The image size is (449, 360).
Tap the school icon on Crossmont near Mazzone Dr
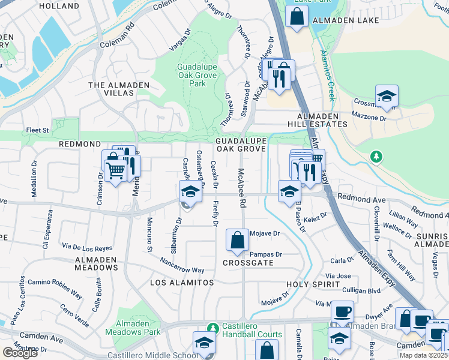coord(387,96)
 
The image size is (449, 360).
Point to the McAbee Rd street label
coord(241,188)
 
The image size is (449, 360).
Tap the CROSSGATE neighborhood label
coord(248,263)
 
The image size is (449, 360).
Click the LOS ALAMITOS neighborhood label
coord(182,282)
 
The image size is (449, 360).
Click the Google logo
coord(20,352)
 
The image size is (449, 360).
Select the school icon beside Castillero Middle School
coord(204,343)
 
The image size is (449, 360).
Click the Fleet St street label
coord(37,129)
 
